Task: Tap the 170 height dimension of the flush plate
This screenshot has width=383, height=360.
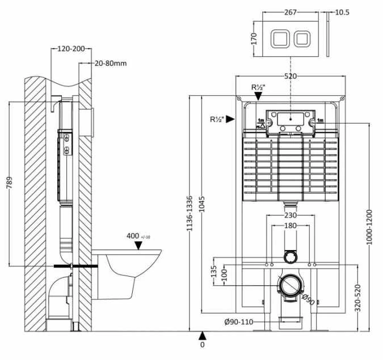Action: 254,39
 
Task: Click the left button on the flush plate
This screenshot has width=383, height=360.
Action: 279,39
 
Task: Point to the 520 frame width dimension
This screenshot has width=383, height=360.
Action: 290,76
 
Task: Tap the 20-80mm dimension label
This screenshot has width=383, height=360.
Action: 110,63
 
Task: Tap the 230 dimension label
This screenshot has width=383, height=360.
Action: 290,214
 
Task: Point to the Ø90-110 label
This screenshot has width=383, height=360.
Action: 238,323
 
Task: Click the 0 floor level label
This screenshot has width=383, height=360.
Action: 202,344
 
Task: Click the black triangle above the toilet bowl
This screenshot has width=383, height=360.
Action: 138,245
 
